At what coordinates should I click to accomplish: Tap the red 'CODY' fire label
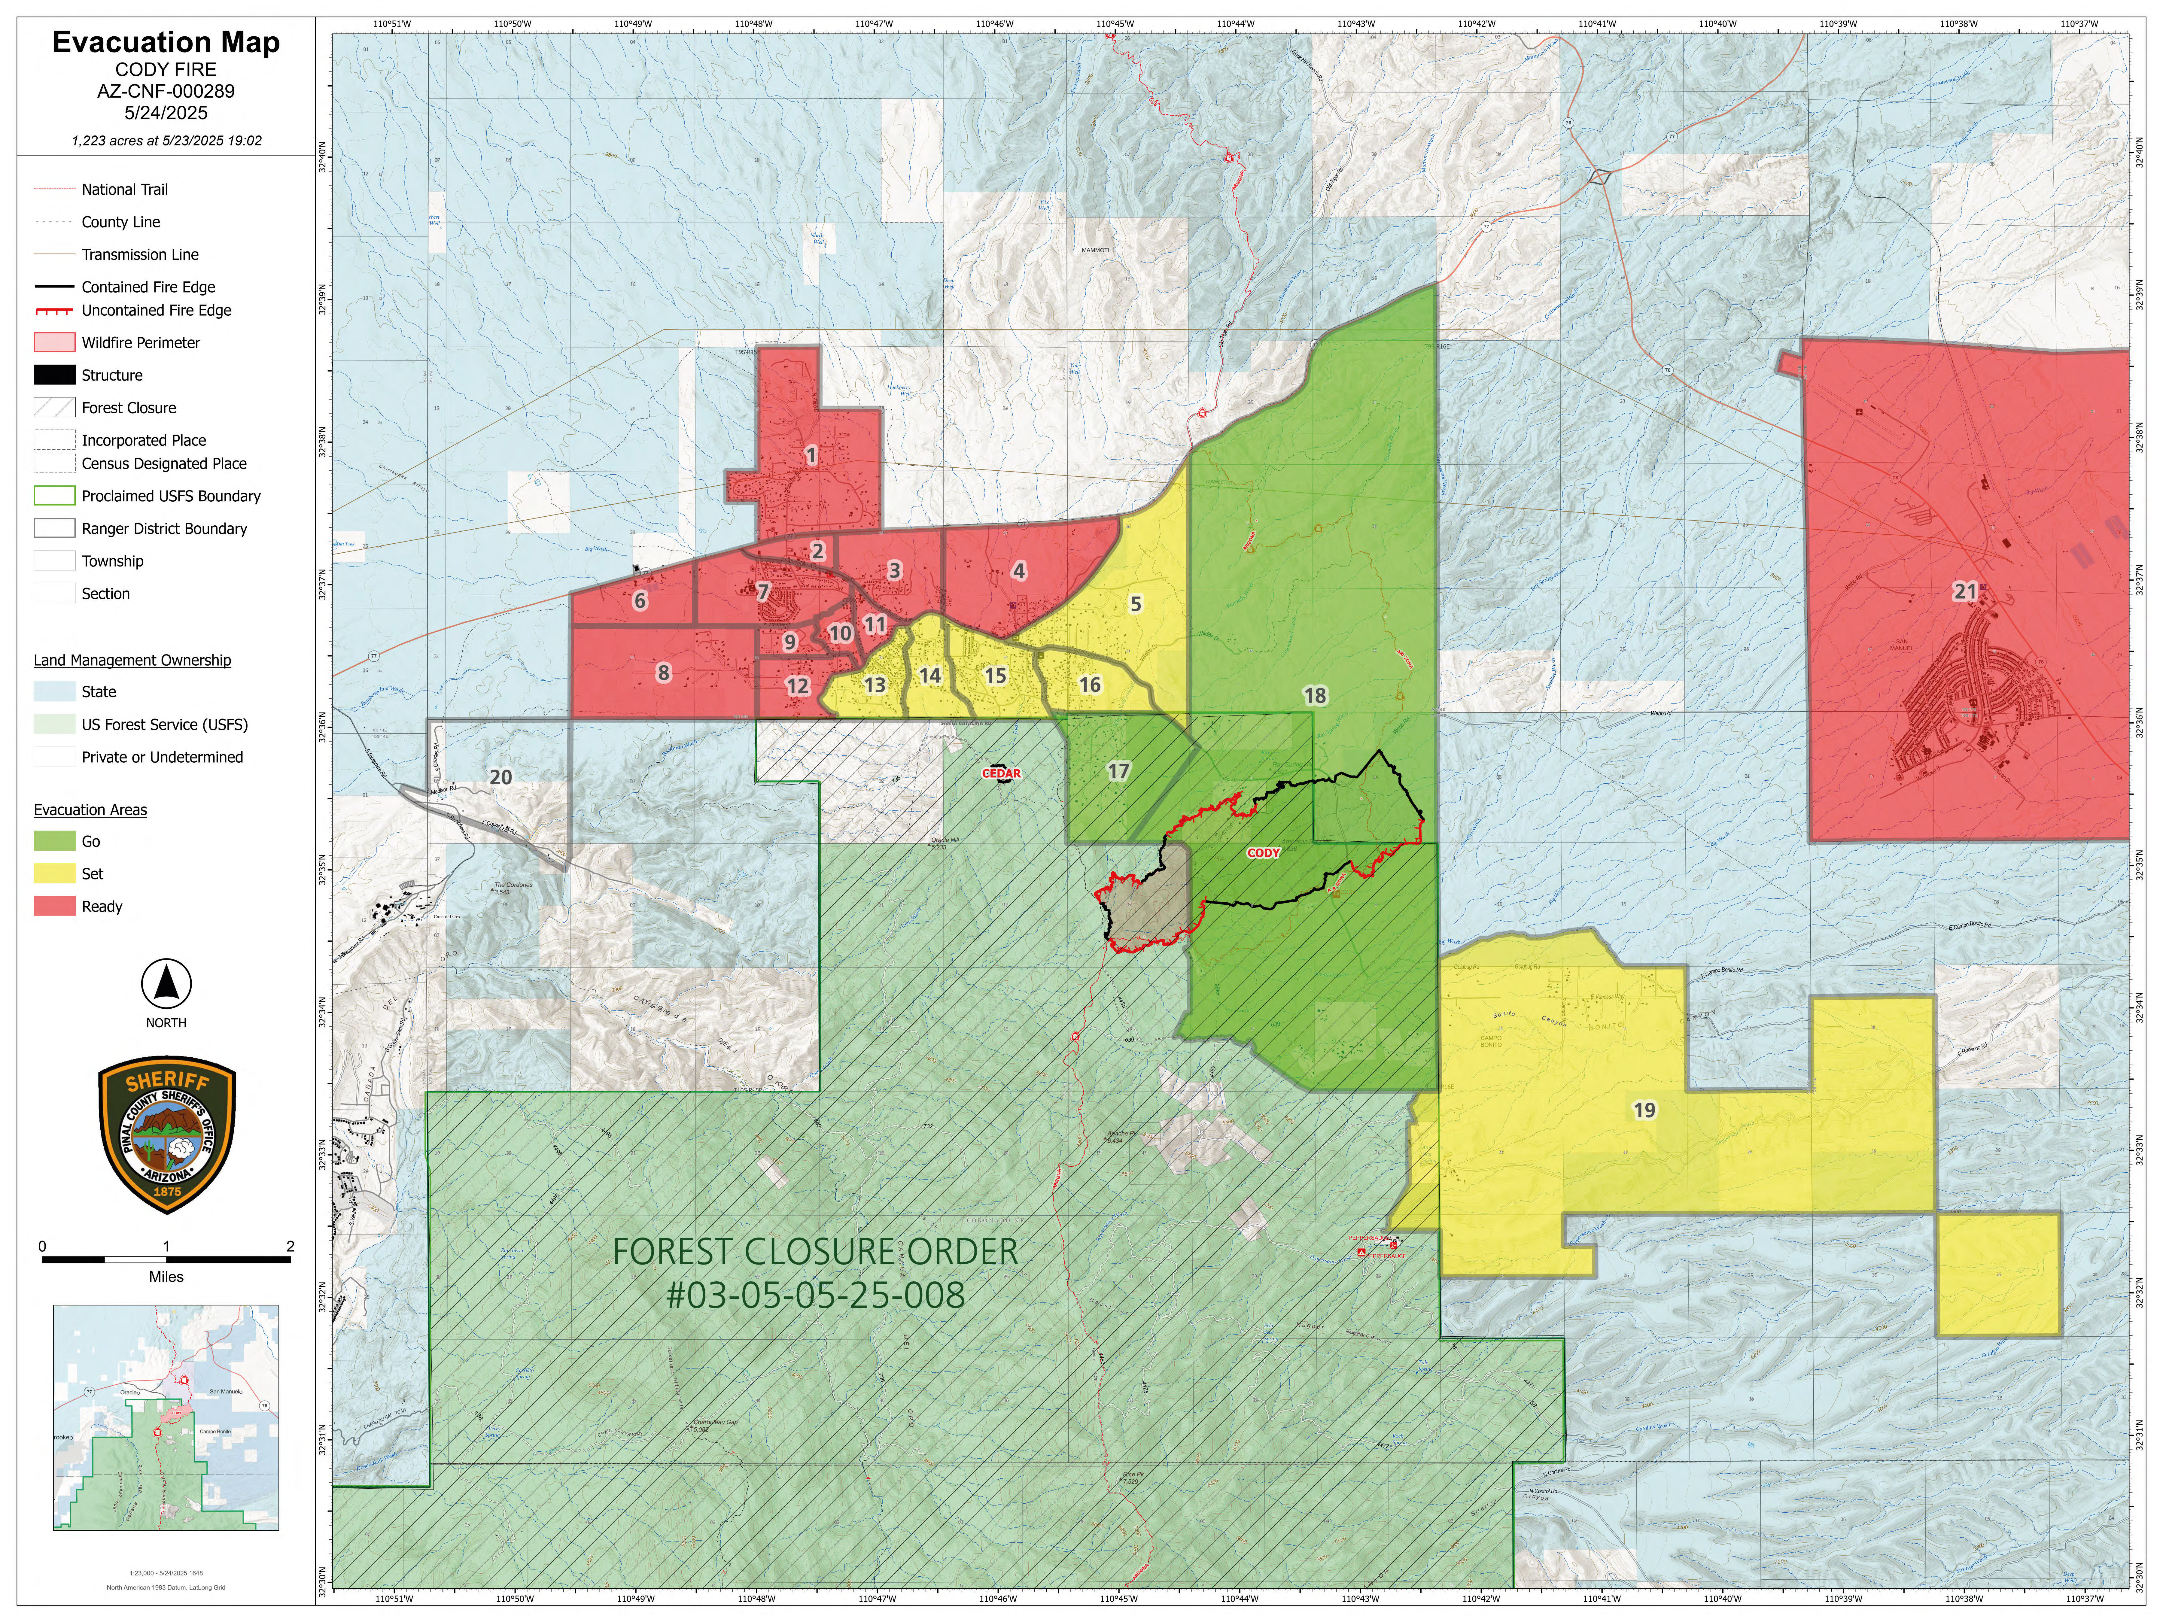click(1262, 852)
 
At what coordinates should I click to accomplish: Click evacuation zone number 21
click(1964, 591)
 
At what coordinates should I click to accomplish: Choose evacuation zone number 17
click(1118, 771)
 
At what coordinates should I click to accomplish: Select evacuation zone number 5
click(1135, 604)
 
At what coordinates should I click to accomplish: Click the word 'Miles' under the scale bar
click(166, 1277)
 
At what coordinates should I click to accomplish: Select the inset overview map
click(166, 1417)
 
